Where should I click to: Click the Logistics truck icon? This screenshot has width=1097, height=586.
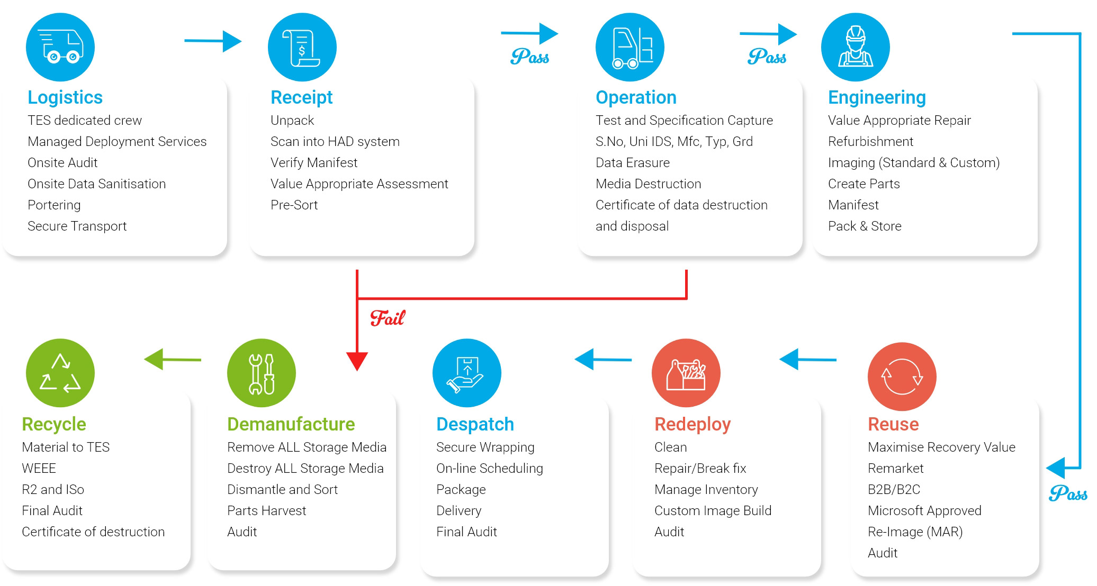60,47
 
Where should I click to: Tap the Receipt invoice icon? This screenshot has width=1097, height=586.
302,47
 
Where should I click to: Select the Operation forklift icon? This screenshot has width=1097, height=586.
630,47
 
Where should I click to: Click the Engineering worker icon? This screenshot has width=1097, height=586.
855,47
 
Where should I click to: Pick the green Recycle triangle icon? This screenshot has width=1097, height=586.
60,373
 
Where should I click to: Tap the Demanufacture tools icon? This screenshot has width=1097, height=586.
262,373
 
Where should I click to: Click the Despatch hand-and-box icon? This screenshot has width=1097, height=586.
466,373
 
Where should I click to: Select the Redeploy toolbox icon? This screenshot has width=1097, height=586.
686,373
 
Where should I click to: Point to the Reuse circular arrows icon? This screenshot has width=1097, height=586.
902,377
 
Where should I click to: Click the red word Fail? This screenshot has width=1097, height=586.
388,318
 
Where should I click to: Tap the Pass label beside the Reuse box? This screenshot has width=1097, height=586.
1067,493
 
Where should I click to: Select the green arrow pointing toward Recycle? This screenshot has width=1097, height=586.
172,360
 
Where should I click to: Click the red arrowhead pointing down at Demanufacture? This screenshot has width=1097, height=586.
357,361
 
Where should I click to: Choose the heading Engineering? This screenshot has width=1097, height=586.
877,97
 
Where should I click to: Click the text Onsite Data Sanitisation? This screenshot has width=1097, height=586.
97,184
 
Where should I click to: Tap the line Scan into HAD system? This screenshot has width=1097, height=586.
335,142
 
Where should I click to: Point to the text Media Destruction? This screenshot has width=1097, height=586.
648,184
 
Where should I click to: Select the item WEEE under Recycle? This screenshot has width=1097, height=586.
39,469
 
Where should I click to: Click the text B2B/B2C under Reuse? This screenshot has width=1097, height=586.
894,490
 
